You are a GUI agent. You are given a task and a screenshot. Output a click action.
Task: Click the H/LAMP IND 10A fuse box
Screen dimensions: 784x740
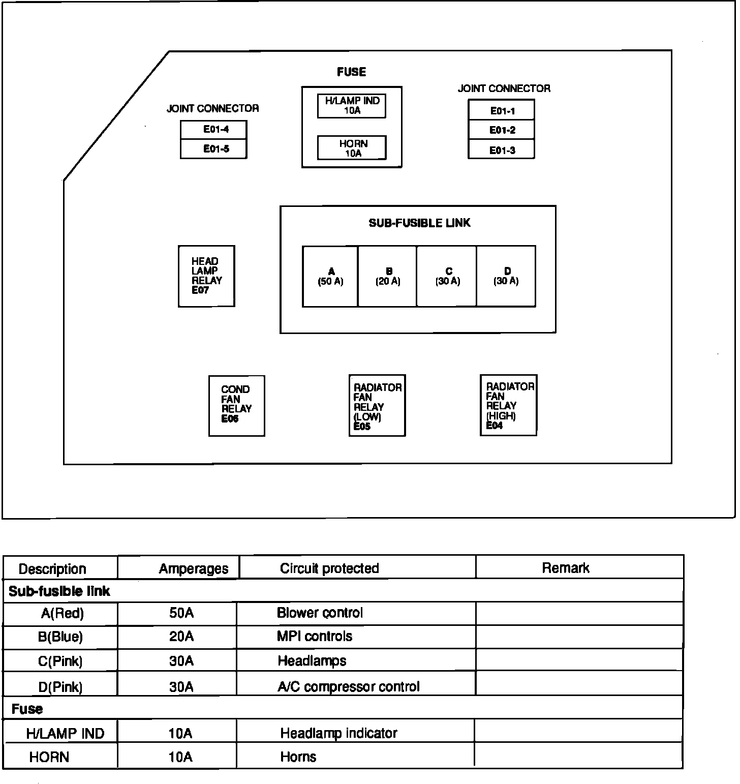point(352,106)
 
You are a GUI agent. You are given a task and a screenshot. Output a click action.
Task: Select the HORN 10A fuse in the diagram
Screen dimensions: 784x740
point(352,148)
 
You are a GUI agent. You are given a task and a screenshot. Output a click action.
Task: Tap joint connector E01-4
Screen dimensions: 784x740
point(214,130)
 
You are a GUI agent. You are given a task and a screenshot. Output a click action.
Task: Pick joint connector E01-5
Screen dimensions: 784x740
point(214,149)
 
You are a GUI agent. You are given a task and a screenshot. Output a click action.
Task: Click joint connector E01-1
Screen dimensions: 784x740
point(502,110)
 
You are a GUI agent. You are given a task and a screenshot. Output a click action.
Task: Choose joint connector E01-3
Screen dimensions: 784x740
point(502,150)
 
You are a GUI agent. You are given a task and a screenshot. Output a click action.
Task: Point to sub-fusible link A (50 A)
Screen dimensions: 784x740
point(330,276)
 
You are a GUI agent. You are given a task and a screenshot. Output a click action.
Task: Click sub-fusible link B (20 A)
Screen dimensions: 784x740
point(388,276)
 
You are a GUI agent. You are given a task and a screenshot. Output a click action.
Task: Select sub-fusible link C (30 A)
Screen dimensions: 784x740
point(447,276)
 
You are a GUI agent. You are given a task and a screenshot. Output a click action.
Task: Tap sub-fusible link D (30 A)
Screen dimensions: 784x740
point(506,276)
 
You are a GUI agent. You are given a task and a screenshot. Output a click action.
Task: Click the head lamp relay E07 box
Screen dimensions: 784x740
point(206,276)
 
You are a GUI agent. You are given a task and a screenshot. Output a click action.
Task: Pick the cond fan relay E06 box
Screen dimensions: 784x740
point(237,405)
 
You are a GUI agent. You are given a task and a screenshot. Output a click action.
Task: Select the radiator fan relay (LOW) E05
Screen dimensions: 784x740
point(377,405)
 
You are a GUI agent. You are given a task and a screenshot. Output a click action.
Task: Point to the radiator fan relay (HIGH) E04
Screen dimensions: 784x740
point(509,405)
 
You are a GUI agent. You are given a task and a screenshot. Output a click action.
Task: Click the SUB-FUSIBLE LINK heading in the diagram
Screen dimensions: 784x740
point(419,223)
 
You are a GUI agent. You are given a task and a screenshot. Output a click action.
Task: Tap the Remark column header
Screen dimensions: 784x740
point(565,568)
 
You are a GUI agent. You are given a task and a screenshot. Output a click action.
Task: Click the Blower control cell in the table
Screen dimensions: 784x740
point(320,613)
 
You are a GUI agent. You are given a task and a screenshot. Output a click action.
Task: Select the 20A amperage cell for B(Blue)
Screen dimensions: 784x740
point(181,637)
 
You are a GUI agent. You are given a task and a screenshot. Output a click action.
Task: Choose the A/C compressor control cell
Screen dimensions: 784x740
point(349,687)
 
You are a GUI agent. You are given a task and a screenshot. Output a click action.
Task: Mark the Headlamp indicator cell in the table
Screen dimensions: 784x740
point(338,733)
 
